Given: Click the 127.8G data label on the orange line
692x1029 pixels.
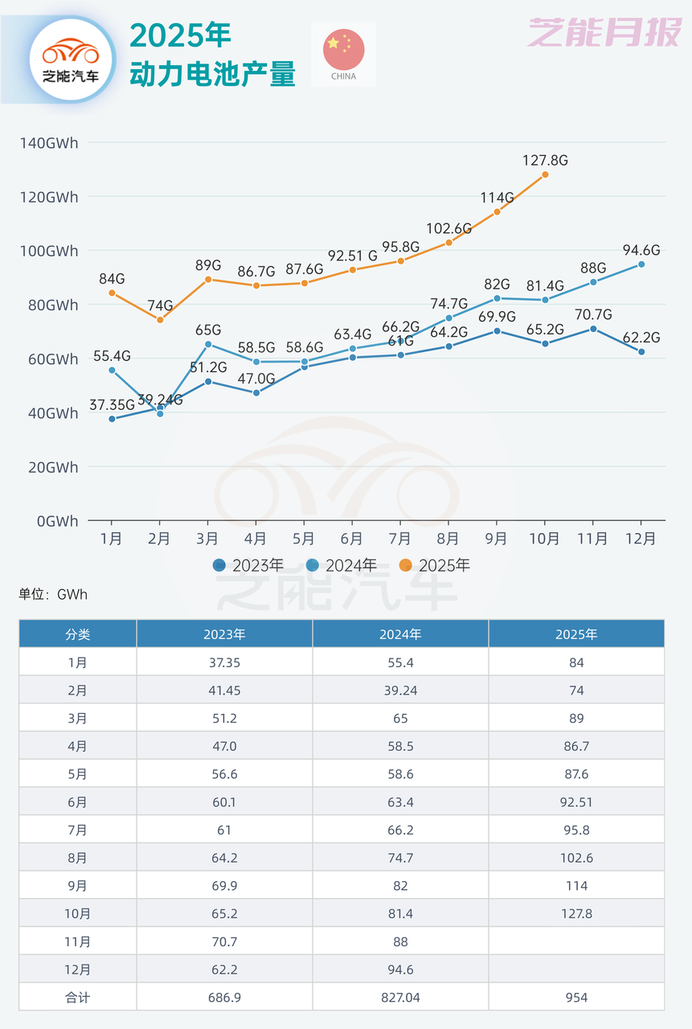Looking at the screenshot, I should click(546, 160).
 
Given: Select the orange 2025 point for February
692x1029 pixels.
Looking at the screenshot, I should click(160, 320).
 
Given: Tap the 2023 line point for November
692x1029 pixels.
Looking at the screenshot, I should click(593, 329).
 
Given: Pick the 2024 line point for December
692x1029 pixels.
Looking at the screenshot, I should click(641, 264).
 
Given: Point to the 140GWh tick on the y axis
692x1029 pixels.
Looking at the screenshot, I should click(49, 143).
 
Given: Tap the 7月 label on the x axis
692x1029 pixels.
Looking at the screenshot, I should click(399, 539).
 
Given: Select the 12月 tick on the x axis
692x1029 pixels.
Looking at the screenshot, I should click(641, 539).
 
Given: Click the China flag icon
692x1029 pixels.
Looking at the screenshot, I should click(343, 50).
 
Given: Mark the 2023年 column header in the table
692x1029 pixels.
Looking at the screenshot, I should click(224, 634).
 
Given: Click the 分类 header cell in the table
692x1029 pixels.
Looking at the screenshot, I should click(78, 634).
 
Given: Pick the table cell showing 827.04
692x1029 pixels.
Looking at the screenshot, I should click(400, 997).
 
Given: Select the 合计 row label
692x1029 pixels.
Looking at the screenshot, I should click(78, 997).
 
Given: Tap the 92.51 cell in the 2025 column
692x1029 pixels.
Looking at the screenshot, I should click(576, 802).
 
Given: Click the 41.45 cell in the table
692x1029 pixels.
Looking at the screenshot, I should click(224, 691).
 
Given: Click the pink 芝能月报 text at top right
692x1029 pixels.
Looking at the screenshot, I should click(604, 34).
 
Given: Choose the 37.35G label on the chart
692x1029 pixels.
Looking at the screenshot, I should click(113, 404).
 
